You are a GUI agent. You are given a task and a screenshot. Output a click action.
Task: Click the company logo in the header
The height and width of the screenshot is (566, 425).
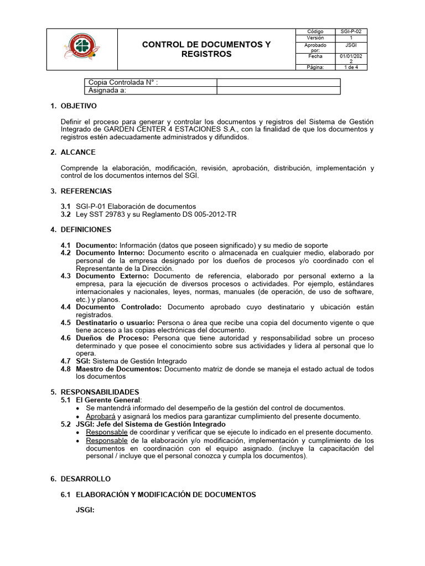81,49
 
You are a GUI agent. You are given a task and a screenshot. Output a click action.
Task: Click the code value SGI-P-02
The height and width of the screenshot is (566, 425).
352,32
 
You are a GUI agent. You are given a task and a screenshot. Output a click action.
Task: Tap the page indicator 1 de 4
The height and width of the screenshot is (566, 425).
352,67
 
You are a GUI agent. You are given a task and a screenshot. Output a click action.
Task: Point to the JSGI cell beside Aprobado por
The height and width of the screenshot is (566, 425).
352,46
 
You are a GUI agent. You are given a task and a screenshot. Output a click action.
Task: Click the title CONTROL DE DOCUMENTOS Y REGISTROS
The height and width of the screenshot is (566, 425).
206,49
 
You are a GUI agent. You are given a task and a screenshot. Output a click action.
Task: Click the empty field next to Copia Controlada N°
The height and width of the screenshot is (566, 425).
278,83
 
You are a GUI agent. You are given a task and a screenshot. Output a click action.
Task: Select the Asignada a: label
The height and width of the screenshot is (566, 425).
107,91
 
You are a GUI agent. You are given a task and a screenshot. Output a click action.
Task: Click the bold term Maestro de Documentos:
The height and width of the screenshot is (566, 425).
118,369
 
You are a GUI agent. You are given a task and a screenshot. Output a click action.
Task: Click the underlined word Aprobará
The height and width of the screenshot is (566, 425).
100,416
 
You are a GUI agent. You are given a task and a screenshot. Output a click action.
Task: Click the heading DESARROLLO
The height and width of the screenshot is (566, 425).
85,479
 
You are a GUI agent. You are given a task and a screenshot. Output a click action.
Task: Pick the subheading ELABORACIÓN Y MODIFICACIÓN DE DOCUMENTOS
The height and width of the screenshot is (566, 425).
165,495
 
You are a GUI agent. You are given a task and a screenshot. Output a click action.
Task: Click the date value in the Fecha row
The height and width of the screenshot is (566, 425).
352,59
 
